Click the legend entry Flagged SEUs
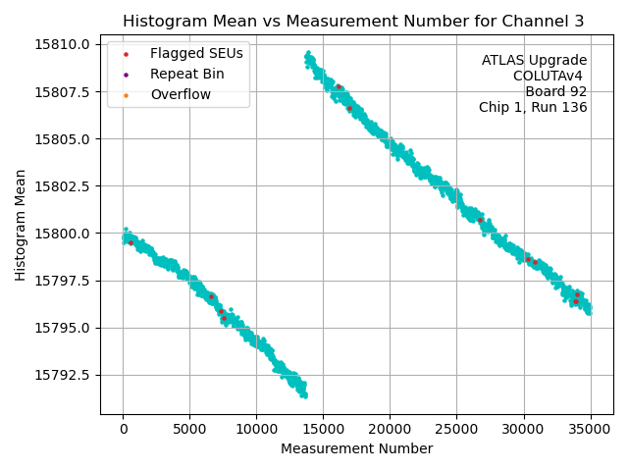[196, 53]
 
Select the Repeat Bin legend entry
[186, 74]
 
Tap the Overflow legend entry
[181, 95]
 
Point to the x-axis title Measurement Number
[356, 449]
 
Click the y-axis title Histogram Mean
[21, 225]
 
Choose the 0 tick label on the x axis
[123, 429]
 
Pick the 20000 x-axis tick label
[390, 429]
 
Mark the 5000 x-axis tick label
[189, 429]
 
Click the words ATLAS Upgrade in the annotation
[534, 61]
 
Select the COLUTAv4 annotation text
[549, 77]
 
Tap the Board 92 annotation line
[555, 92]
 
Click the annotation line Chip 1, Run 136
[533, 108]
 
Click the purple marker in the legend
[127, 75]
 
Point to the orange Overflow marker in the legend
[127, 95]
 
